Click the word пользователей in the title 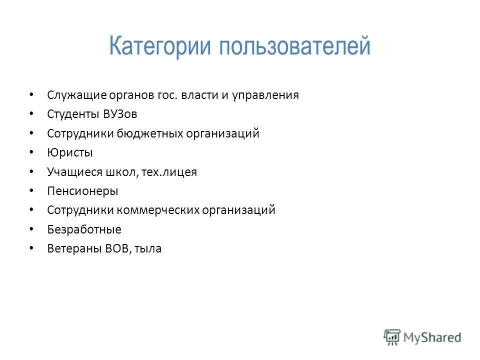[x=294, y=47]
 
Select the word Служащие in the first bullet [x=76, y=95]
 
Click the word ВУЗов [x=120, y=114]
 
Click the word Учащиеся [x=74, y=172]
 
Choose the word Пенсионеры [x=82, y=191]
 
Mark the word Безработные [x=84, y=229]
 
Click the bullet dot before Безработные [x=32, y=229]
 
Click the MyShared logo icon [x=392, y=336]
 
